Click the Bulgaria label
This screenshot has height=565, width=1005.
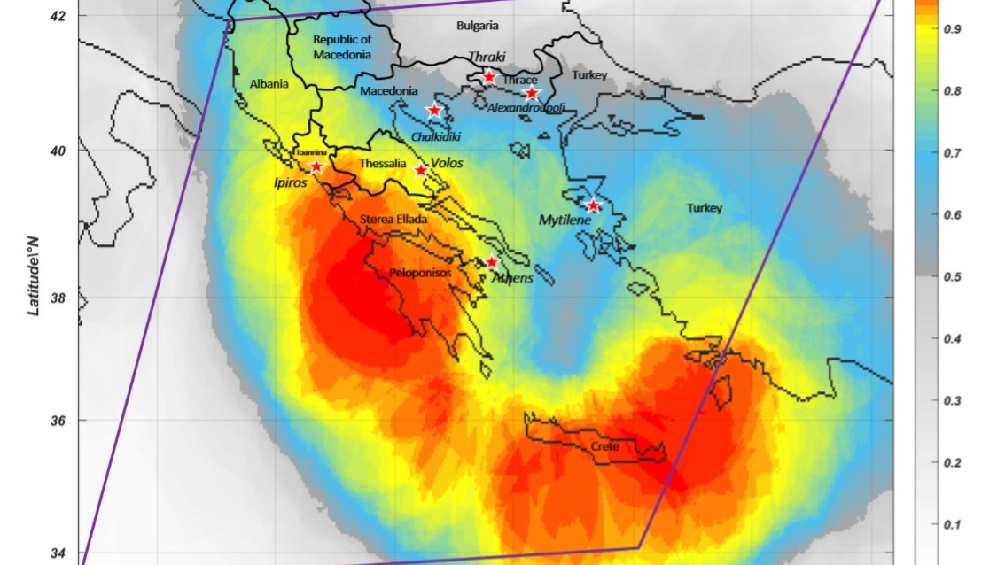[x=478, y=26]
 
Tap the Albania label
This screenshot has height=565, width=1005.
[x=269, y=84]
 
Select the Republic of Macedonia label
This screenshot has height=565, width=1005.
[x=342, y=47]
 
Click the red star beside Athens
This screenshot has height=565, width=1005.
[x=492, y=262]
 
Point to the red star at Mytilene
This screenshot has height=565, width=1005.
[x=594, y=206]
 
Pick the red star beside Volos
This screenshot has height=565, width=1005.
[x=421, y=170]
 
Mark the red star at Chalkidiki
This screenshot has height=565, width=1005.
[x=434, y=111]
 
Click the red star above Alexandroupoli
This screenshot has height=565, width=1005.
[x=532, y=93]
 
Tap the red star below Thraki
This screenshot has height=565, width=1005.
[x=489, y=77]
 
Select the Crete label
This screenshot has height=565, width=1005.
[x=604, y=447]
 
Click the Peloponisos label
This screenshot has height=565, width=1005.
[x=421, y=273]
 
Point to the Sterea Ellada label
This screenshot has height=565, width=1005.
[x=393, y=220]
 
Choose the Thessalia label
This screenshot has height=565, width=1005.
[x=383, y=165]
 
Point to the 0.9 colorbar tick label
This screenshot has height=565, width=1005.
[x=931, y=29]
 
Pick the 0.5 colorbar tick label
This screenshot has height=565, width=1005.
[x=931, y=277]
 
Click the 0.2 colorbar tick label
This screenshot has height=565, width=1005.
[x=931, y=463]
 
